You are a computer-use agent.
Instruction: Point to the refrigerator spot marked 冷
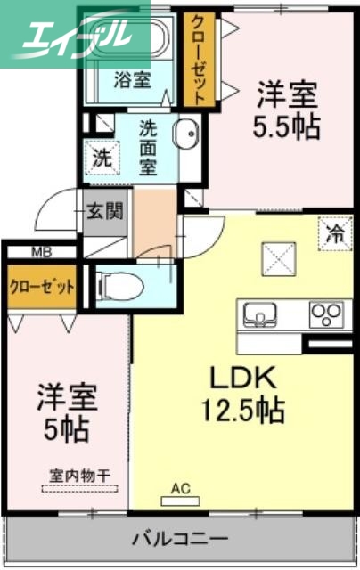[334, 234]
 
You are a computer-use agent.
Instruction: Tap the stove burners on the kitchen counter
[325, 314]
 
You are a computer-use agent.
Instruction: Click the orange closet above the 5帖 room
[41, 287]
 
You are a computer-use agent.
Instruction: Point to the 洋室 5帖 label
[68, 411]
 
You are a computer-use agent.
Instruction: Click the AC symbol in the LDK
[180, 489]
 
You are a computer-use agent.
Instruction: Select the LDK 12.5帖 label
[246, 394]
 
